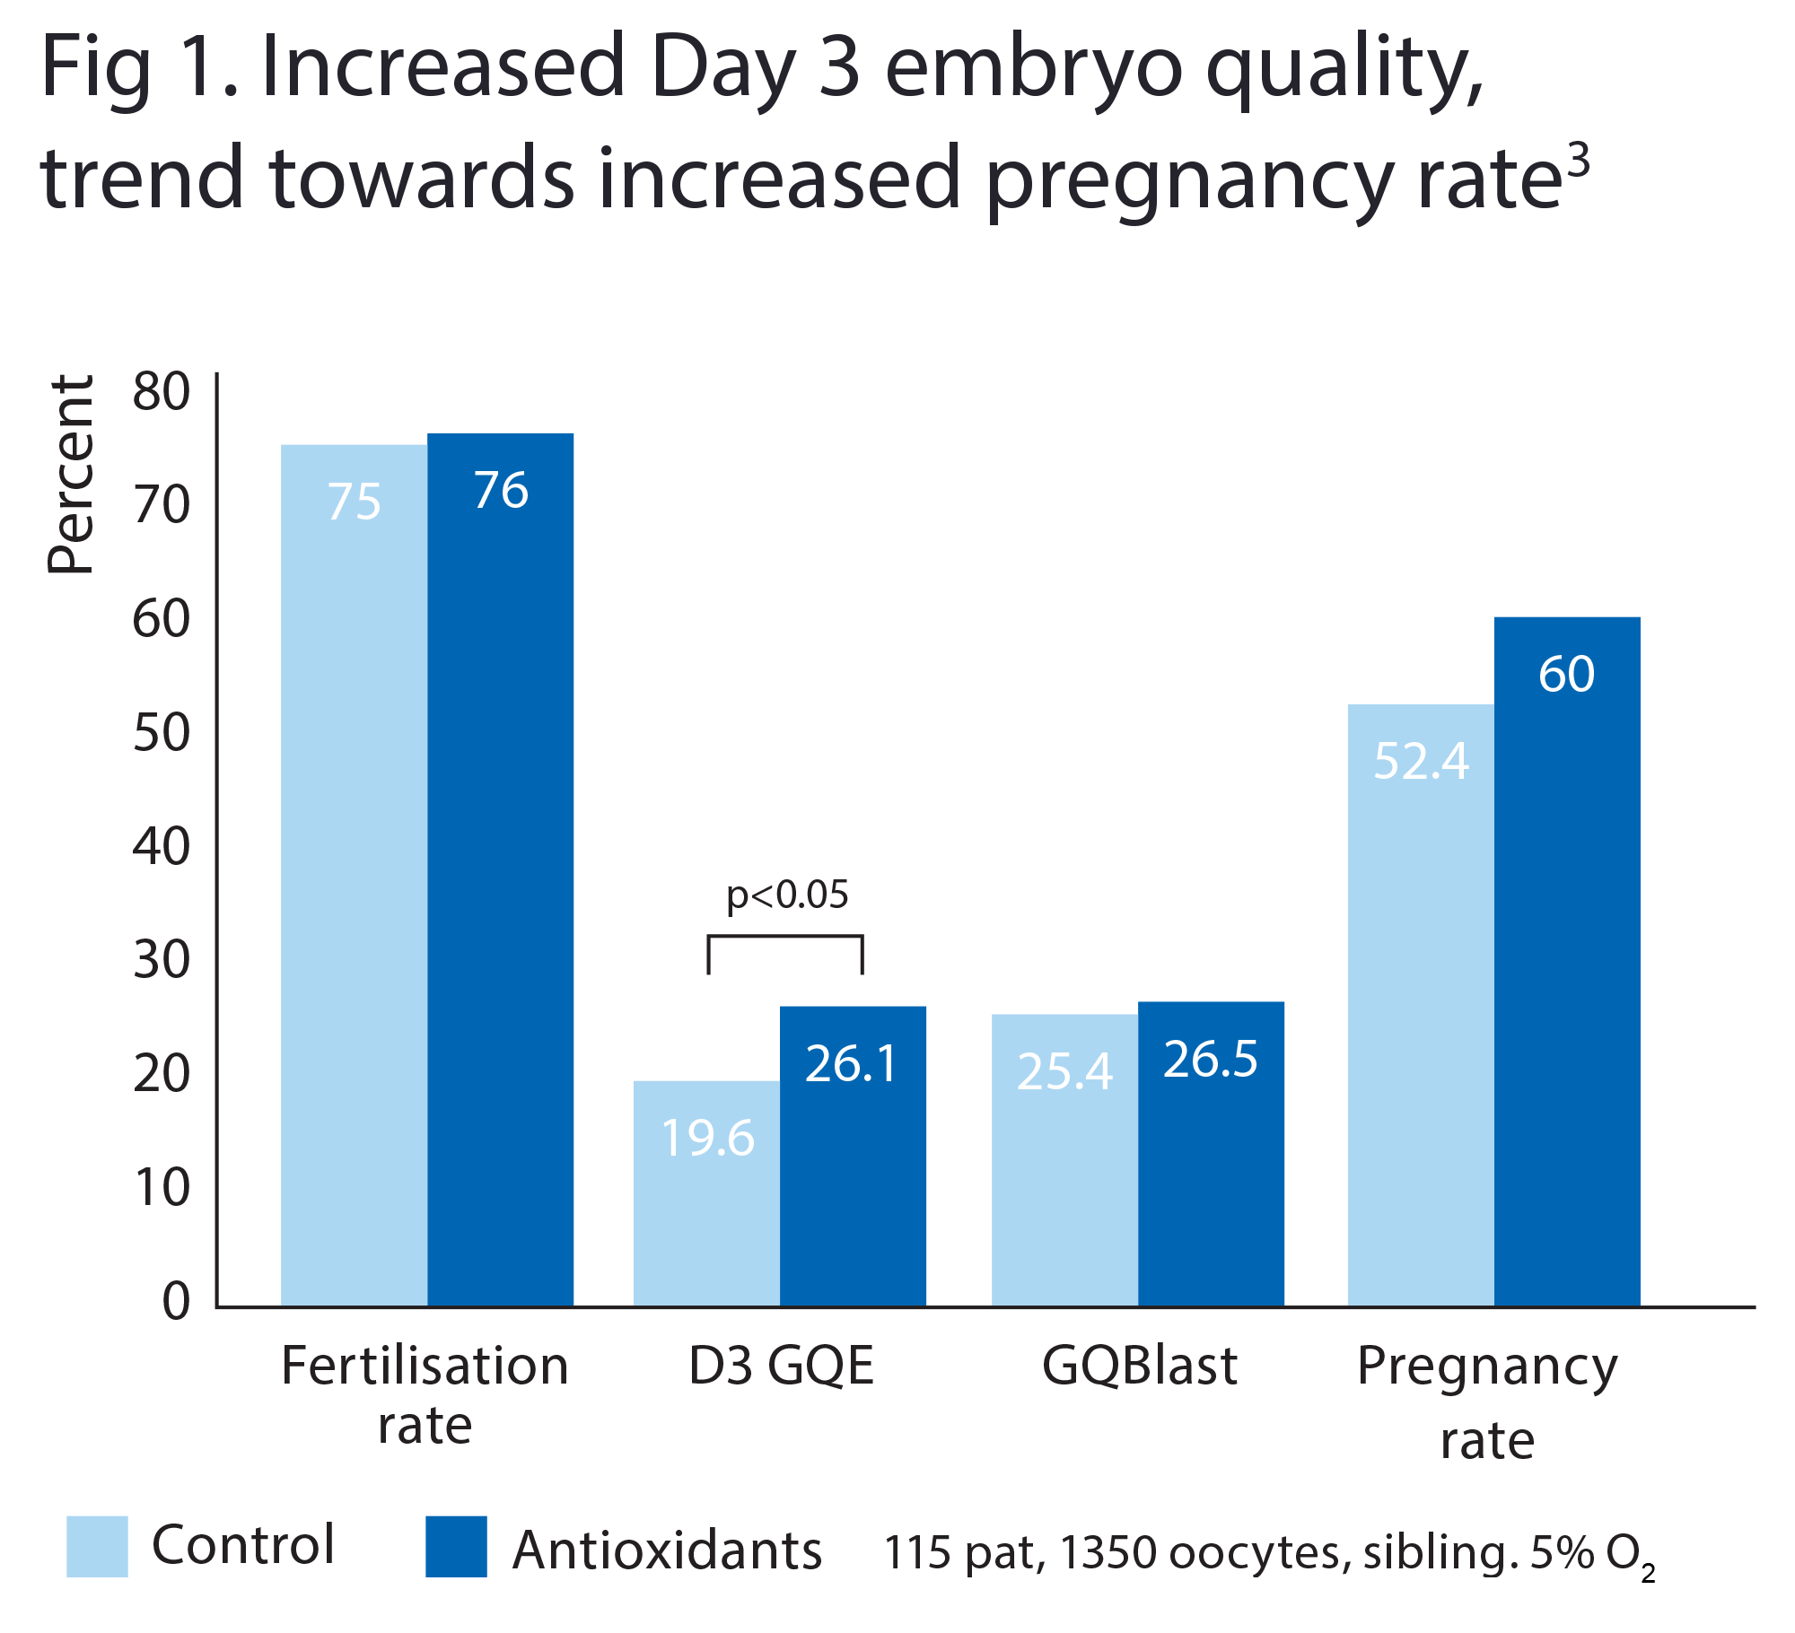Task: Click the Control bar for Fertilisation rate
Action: pyautogui.click(x=354, y=875)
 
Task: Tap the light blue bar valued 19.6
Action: pyautogui.click(x=706, y=1193)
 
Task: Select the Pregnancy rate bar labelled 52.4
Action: pyautogui.click(x=1420, y=1005)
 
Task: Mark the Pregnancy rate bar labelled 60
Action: pyautogui.click(x=1566, y=960)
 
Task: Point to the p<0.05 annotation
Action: pyautogui.click(x=786, y=895)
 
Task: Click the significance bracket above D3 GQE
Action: pyautogui.click(x=785, y=939)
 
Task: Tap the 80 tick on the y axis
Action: pyautogui.click(x=162, y=392)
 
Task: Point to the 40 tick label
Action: pyautogui.click(x=162, y=847)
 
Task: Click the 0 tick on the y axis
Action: pyautogui.click(x=176, y=1301)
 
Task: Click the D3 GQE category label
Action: pyautogui.click(x=781, y=1366)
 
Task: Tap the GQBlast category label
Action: pyautogui.click(x=1140, y=1366)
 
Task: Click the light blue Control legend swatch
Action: pyautogui.click(x=97, y=1546)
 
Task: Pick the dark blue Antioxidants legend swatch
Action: pyautogui.click(x=456, y=1546)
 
